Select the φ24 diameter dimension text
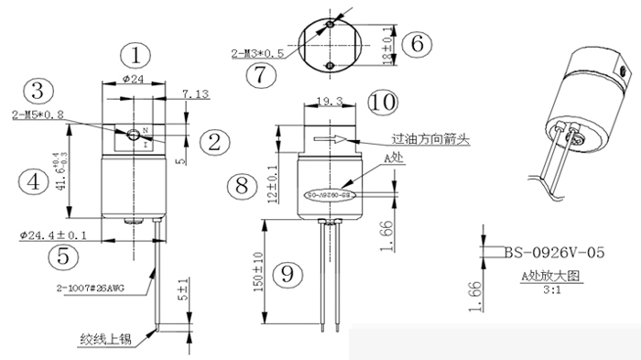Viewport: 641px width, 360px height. tap(134, 80)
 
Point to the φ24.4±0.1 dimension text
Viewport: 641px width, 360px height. tap(53, 235)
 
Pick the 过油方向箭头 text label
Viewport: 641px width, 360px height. tap(431, 140)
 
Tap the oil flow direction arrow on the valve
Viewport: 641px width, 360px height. tap(330, 140)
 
